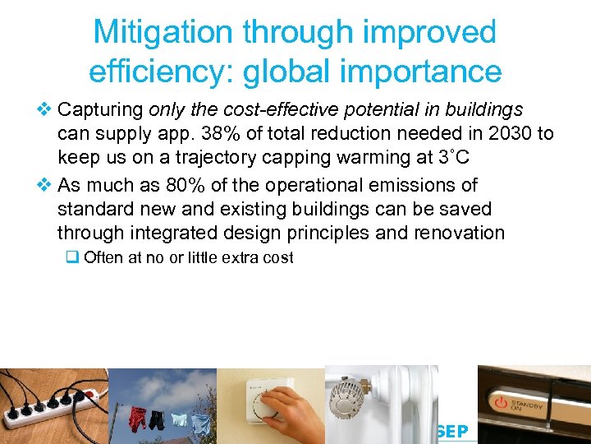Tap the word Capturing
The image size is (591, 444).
click(x=103, y=110)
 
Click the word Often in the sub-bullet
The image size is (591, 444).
click(x=103, y=257)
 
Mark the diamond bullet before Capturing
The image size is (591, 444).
click(x=46, y=110)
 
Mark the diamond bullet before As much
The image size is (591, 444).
click(x=46, y=186)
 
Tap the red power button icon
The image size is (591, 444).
click(x=501, y=404)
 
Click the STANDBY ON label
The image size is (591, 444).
click(x=530, y=404)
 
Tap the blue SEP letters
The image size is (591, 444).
click(x=453, y=432)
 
